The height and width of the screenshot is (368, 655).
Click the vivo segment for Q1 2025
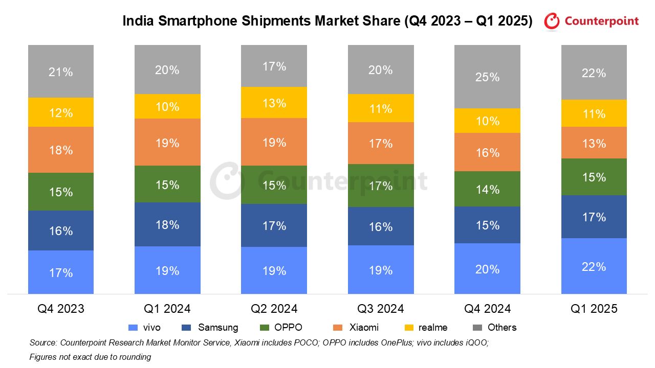click(594, 266)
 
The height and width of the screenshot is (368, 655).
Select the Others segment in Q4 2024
click(487, 77)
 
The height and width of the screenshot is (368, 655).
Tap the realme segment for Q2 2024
click(274, 103)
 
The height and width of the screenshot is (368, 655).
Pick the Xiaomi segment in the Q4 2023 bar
click(61, 150)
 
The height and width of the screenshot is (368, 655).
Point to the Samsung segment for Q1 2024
click(167, 224)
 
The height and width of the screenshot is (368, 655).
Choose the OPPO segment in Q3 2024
click(381, 186)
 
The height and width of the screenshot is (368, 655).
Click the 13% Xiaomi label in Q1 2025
click(594, 143)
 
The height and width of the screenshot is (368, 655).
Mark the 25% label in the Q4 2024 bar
click(487, 77)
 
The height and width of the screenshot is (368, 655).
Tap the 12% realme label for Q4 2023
click(61, 112)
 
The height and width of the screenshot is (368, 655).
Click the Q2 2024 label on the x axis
click(274, 309)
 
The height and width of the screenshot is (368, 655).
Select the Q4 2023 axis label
click(61, 309)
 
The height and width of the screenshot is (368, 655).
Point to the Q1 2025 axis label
click(594, 309)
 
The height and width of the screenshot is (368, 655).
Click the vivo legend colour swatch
click(133, 328)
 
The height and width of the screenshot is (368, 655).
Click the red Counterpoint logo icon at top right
click(552, 21)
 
